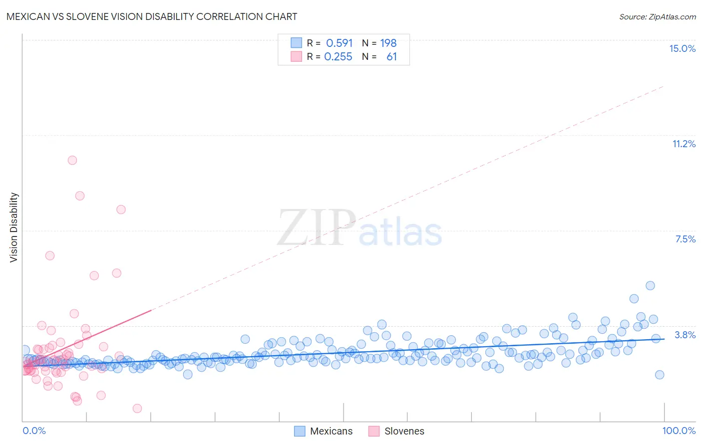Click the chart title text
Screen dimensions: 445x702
click(x=151, y=16)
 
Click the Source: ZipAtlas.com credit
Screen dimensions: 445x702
click(x=657, y=16)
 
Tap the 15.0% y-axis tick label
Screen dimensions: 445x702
click(x=682, y=48)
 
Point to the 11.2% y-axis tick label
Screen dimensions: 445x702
click(x=684, y=144)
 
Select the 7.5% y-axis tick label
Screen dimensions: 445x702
click(x=685, y=239)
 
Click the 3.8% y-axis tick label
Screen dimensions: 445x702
click(x=685, y=335)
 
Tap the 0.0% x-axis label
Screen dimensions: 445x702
click(x=34, y=431)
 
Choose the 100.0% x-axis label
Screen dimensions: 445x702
click(x=679, y=431)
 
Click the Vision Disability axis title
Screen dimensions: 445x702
click(x=14, y=227)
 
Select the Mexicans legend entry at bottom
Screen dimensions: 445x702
click(x=323, y=431)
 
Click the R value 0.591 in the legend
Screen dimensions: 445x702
click(x=339, y=43)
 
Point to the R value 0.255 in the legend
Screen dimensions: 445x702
click(x=338, y=57)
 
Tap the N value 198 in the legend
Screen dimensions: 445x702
click(x=388, y=43)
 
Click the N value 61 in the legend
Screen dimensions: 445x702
click(x=391, y=57)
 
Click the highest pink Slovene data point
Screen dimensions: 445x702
click(x=72, y=160)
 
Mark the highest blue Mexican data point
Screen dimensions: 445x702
click(x=650, y=285)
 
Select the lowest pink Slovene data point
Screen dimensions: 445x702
click(x=137, y=408)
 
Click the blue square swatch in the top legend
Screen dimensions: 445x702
click(x=297, y=43)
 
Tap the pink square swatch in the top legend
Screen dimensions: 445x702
click(x=297, y=57)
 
